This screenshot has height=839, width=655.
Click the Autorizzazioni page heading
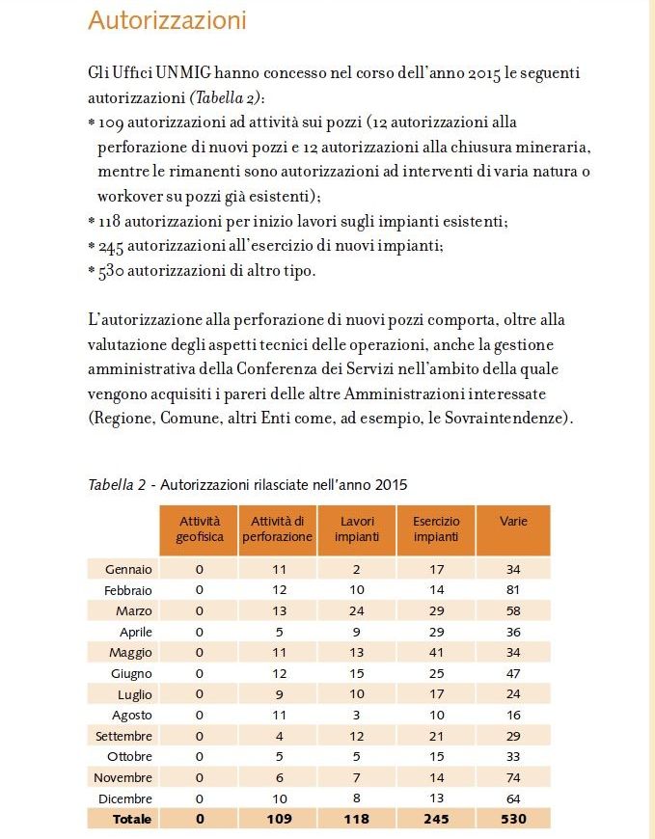tap(167, 20)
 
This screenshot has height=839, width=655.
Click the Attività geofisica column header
tap(199, 529)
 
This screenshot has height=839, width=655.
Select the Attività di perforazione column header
tap(277, 529)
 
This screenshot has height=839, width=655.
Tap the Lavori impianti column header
tap(357, 529)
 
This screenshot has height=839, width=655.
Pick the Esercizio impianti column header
tap(436, 529)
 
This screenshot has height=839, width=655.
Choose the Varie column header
tap(513, 522)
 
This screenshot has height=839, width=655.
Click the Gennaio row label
tap(127, 569)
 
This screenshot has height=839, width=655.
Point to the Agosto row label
tap(130, 715)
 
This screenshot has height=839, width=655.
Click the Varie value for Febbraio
tap(513, 589)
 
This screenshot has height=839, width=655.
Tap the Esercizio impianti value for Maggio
tap(436, 652)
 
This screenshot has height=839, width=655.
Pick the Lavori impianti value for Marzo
tap(357, 610)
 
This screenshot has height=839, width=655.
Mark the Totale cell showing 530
tap(513, 819)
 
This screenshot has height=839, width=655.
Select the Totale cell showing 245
tap(436, 819)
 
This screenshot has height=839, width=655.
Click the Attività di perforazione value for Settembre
tap(277, 736)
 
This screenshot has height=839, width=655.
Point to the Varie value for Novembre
tap(513, 777)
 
